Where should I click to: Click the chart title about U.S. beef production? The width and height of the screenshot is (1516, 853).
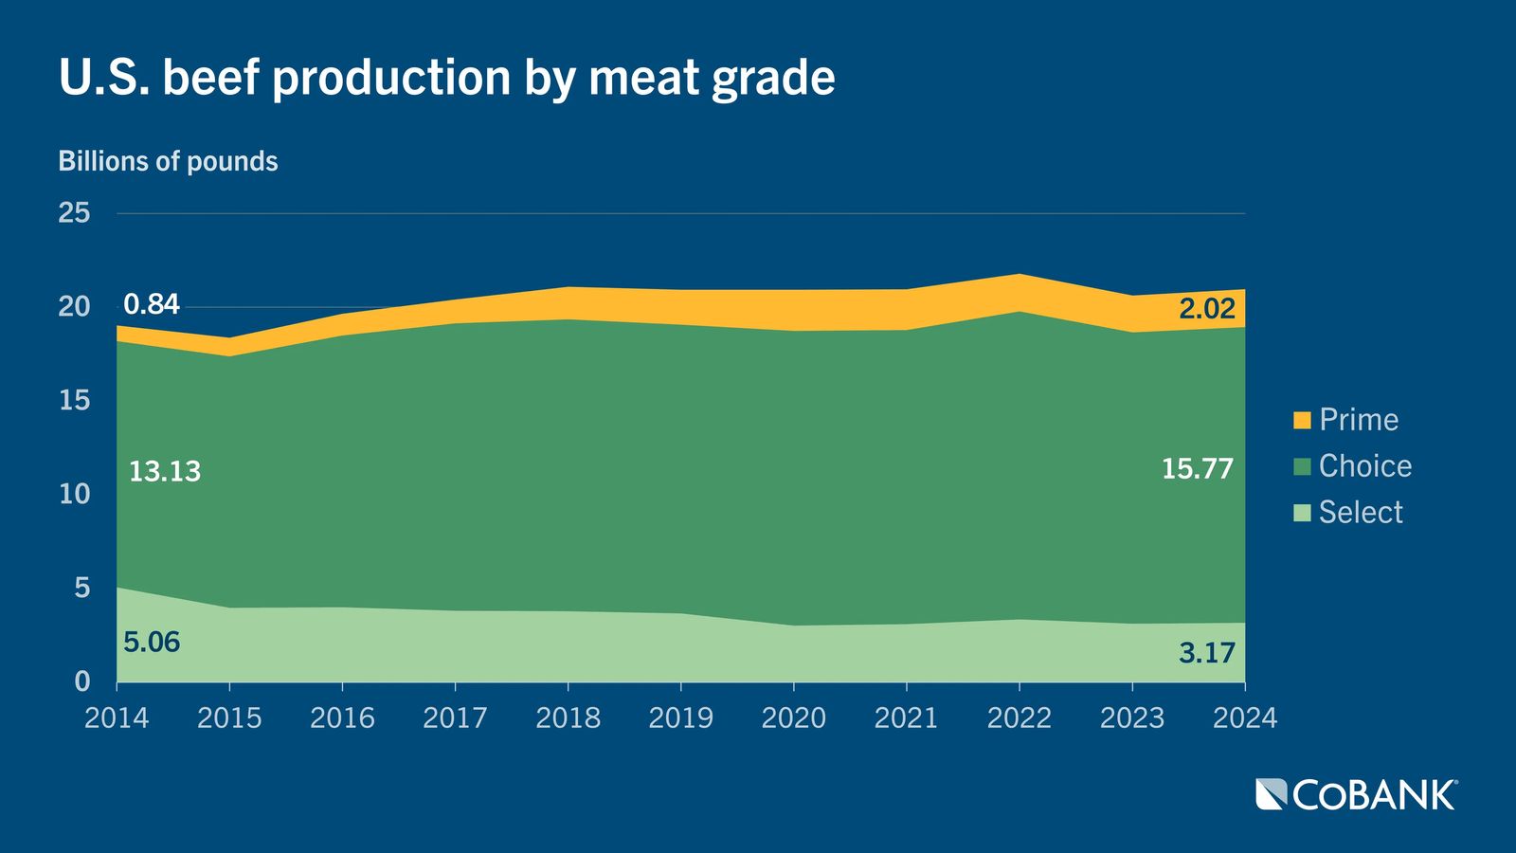[446, 78]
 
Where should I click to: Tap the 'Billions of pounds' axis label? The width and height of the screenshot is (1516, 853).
[168, 161]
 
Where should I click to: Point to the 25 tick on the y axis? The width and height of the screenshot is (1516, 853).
[74, 212]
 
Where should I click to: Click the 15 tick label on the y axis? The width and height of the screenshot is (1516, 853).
[74, 400]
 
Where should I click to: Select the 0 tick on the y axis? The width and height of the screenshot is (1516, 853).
[82, 681]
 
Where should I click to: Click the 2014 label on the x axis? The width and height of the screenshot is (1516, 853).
[117, 718]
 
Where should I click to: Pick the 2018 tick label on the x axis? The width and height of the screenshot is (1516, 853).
[568, 718]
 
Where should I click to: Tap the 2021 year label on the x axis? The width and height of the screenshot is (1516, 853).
[906, 718]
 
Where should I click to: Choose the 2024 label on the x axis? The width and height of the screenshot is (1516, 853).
[1245, 718]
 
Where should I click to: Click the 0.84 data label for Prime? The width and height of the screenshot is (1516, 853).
[152, 304]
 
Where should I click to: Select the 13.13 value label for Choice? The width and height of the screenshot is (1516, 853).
[165, 471]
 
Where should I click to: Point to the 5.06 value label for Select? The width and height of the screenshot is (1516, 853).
[152, 643]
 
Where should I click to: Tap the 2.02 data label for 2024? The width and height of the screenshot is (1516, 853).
[1207, 308]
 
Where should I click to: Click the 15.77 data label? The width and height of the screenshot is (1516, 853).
[1198, 468]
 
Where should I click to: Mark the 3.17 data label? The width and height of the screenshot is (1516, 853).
[1207, 652]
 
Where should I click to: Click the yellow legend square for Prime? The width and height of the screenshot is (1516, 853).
[1302, 420]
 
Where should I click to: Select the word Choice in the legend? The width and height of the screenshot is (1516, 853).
[1364, 466]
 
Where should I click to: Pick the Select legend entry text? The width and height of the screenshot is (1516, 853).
[1360, 513]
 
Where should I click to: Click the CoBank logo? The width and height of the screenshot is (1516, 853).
[1356, 794]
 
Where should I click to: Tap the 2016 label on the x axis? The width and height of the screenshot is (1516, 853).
[342, 718]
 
